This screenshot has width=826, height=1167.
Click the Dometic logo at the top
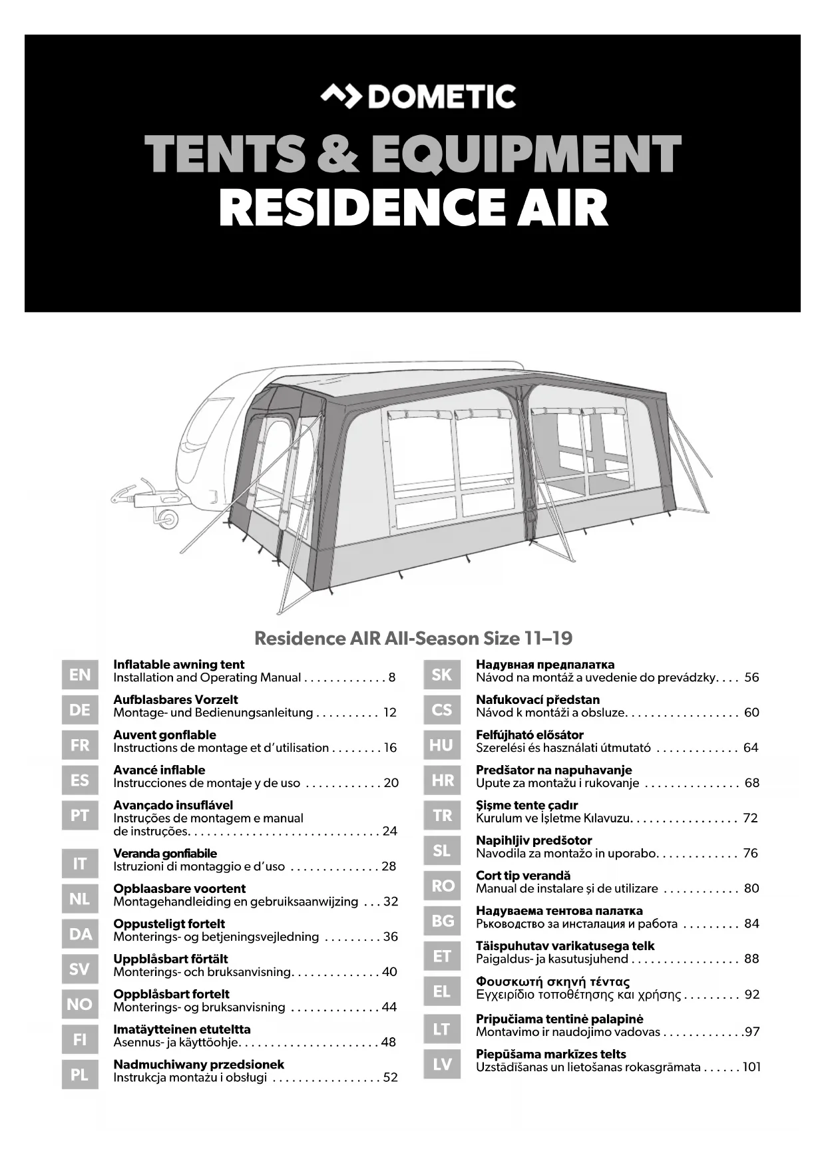[417, 97]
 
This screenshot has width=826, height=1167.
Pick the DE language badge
[80, 710]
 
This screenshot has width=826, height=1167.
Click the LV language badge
[442, 1065]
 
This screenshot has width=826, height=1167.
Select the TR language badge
[442, 816]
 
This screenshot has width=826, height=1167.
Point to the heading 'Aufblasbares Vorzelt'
[175, 700]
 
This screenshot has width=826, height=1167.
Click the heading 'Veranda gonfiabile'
[164, 854]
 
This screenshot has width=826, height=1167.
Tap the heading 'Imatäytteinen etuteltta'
[182, 1029]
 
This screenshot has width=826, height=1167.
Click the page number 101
[751, 1067]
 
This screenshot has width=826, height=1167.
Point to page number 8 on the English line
[392, 678]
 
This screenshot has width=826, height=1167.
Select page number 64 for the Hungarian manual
[751, 748]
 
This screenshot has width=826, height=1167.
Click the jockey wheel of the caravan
[167, 517]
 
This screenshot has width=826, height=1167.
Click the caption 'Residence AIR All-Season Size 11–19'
[413, 639]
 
